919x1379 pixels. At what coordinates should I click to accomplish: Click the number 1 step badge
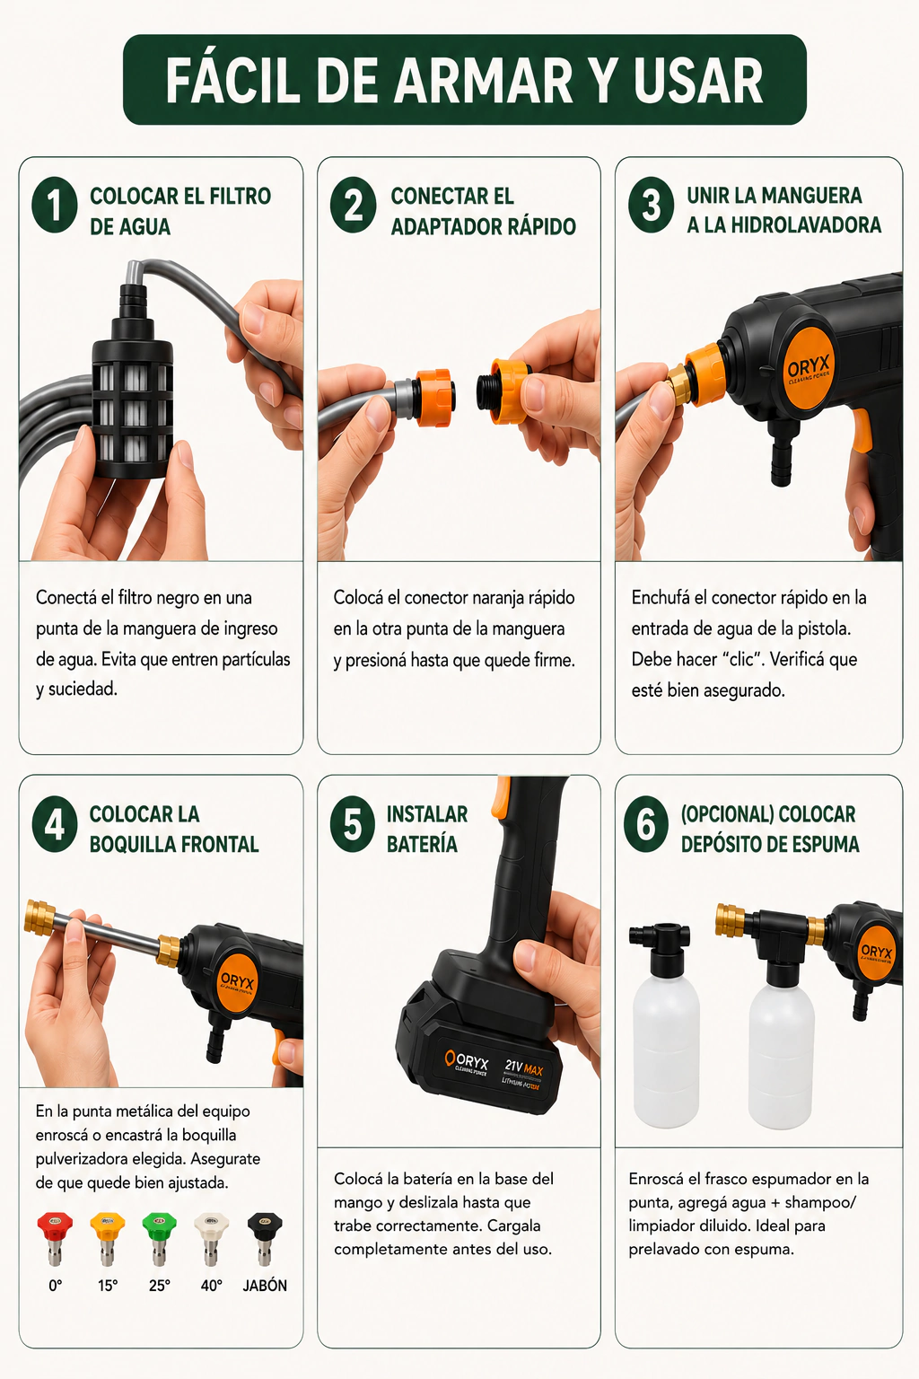point(55,205)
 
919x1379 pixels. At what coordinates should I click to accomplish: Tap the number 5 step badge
point(353,823)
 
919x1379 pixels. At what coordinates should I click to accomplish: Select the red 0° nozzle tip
point(55,1237)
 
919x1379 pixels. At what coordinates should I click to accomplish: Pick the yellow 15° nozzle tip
point(107,1237)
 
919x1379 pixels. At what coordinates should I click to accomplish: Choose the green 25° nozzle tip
point(160,1237)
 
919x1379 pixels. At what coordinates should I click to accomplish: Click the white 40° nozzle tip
point(211,1237)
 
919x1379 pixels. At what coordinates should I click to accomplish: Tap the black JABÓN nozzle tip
point(265,1237)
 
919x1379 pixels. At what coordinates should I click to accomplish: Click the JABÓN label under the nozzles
point(265,1286)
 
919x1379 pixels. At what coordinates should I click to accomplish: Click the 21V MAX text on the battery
point(524,1068)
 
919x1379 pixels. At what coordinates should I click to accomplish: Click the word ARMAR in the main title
point(484,81)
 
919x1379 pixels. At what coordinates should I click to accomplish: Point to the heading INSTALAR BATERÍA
point(427,829)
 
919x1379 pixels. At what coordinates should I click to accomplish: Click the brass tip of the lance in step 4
point(39,918)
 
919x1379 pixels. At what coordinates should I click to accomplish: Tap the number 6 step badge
point(645,823)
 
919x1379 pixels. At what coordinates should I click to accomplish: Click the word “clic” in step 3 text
point(741,659)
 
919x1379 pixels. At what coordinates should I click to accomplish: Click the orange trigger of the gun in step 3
point(863,430)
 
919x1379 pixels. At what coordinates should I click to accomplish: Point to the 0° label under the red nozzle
point(56,1286)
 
